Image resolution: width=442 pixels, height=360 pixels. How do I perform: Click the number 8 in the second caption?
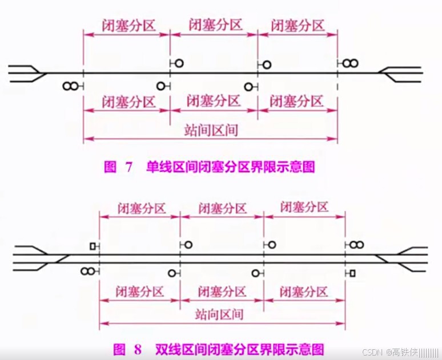(x=138, y=348)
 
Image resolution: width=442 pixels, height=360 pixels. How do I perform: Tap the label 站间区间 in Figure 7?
(x=211, y=130)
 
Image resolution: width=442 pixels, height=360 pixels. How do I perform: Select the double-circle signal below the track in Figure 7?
(x=70, y=86)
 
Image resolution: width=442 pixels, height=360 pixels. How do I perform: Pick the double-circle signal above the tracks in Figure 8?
(x=356, y=245)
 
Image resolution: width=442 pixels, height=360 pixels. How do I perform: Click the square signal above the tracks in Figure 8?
(x=93, y=246)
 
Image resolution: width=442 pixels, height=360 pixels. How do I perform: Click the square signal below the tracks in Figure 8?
(x=352, y=273)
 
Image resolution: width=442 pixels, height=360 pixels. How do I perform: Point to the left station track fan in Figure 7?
(x=26, y=73)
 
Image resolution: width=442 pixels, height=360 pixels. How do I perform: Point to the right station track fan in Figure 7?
(x=403, y=73)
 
